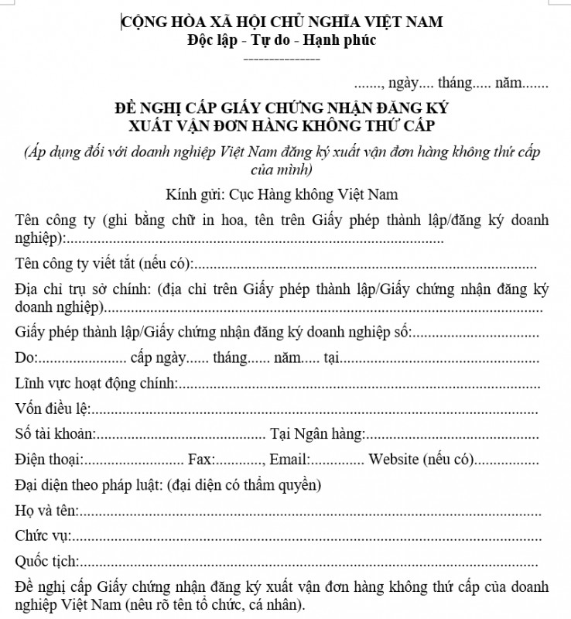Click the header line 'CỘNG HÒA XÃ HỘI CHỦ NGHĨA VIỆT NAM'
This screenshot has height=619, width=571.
tap(282, 22)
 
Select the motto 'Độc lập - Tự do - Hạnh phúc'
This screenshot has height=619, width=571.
tap(282, 40)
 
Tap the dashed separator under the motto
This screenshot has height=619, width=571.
tap(282, 59)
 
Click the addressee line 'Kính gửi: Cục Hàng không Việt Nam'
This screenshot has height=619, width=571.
tap(282, 193)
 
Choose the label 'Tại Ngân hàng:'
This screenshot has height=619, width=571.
tap(316, 435)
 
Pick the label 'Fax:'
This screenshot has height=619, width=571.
tap(201, 460)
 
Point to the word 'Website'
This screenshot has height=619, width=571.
tap(394, 460)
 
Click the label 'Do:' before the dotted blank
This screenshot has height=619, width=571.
tap(26, 358)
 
